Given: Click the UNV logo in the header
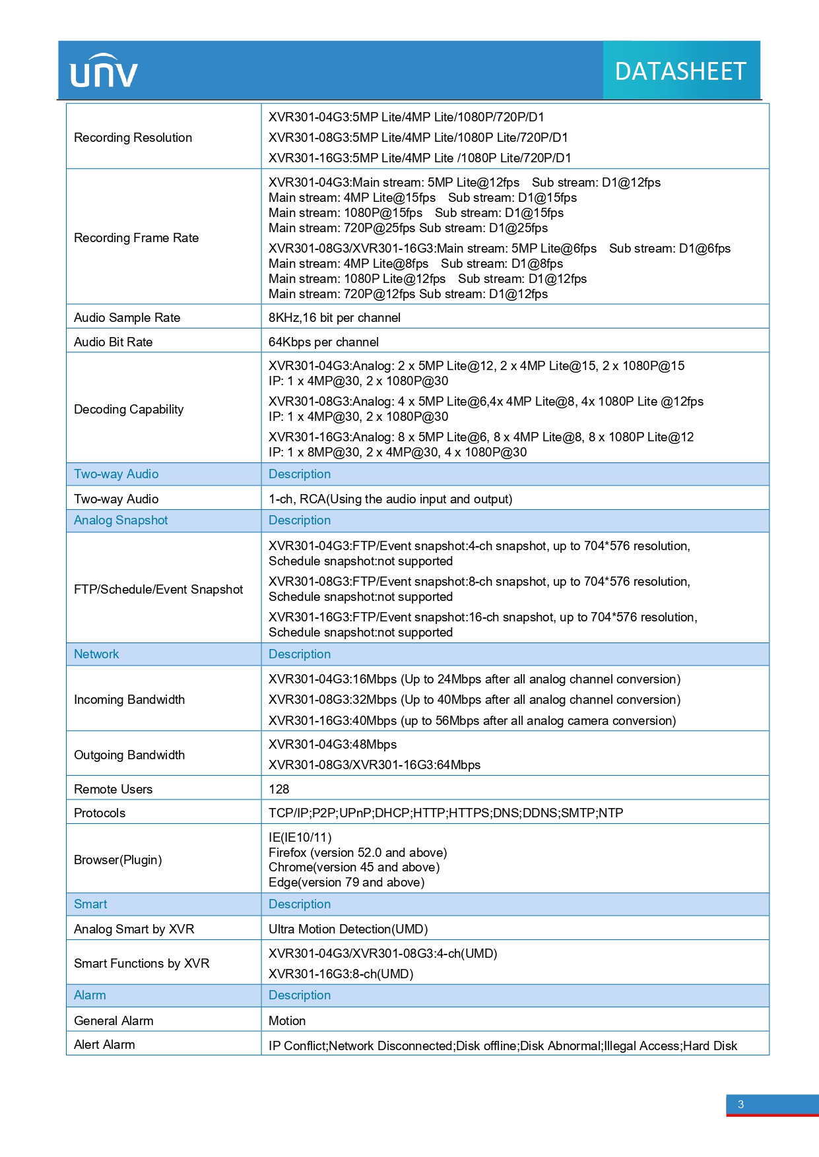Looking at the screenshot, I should coord(104,71).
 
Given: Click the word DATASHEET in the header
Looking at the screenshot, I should coord(680,71).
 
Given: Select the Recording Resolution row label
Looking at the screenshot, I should coord(133,137).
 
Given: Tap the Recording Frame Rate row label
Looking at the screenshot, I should coord(136,237).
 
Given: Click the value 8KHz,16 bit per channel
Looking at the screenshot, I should coord(334,317).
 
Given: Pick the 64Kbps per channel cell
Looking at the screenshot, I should coord(323,342).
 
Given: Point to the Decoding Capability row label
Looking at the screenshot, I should coord(129,409).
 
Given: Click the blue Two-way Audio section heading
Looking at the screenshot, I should coord(116,474).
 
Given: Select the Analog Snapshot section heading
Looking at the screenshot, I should coord(121,520).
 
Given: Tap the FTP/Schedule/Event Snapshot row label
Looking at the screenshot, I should coord(158,589).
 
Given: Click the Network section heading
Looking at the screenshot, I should coord(96,654).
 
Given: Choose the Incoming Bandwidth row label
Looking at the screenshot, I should coord(129,699).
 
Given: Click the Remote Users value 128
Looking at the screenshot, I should coord(279,789).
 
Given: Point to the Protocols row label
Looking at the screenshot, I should coord(100,813).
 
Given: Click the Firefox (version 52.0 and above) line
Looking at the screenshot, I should coord(358,852).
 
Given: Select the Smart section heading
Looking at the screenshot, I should coord(90,904).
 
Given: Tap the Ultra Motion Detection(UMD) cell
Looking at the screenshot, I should coord(348,929).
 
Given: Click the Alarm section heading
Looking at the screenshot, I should coord(90,995).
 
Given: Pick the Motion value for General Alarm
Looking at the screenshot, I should coord(287,1020).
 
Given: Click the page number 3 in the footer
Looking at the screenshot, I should coord(740,1104).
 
